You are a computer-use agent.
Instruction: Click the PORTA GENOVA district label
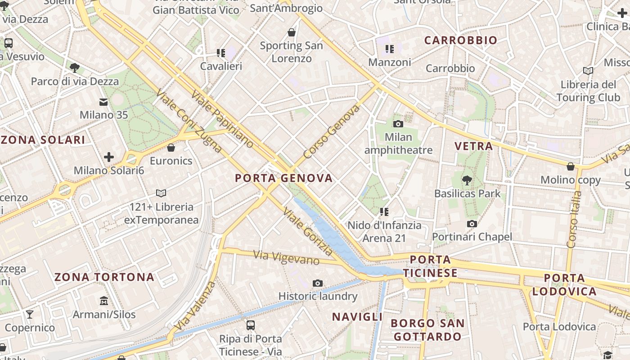pos(284,178)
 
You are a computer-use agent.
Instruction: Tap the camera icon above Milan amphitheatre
pos(398,124)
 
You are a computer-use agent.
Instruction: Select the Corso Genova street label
pos(332,132)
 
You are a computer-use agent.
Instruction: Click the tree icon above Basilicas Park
pos(467,180)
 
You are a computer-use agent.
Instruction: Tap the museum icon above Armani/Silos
pos(104,301)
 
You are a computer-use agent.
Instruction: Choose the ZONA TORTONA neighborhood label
pos(104,277)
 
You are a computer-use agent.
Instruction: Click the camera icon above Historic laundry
pos(318,283)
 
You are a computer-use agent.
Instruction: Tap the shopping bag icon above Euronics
pos(171,148)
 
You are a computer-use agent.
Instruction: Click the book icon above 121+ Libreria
pos(161,193)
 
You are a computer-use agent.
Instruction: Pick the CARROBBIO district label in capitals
pos(461,40)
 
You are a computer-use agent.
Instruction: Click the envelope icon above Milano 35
pos(104,102)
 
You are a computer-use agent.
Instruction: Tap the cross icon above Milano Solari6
pos(108,157)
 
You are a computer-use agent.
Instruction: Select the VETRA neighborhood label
pos(474,146)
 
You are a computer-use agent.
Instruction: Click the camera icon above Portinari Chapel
pos(472,224)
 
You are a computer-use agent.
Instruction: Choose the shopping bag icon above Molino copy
pos(571,166)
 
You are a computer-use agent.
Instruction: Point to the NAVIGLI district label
pos(357,317)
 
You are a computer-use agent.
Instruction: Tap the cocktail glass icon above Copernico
pos(30,314)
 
